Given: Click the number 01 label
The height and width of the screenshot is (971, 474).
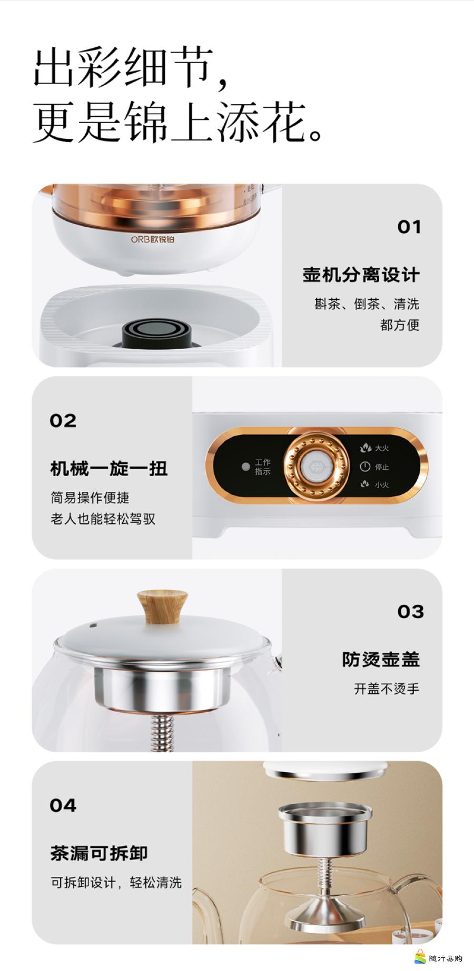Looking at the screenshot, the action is (409, 227).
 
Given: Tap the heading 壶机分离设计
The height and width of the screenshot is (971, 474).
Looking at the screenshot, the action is (361, 275).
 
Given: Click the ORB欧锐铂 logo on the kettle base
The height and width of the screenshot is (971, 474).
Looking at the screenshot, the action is (153, 239).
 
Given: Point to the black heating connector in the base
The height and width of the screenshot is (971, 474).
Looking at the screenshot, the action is (156, 335).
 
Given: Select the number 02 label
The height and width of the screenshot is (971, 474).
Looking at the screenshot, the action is (63, 420).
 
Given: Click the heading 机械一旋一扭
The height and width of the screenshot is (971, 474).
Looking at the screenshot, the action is (109, 468).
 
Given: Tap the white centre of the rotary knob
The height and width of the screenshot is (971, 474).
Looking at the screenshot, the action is (316, 467).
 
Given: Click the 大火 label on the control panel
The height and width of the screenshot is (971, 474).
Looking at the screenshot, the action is (382, 448).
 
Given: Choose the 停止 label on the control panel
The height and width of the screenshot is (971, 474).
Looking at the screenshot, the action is (382, 467).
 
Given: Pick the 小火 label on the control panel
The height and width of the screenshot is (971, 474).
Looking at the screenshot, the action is (382, 484).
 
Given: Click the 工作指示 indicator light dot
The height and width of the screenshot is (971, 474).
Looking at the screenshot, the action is (245, 467).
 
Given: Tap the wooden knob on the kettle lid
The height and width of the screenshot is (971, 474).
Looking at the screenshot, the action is (162, 606).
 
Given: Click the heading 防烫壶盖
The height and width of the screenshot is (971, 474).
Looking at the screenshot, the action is (381, 659).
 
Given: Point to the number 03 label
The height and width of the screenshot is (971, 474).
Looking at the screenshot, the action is (411, 612).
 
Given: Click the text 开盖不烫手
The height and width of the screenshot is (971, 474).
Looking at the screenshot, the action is (387, 689).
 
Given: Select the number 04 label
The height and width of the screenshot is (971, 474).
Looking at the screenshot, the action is (63, 805).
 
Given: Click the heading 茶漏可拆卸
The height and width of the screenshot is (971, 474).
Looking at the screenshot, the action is (99, 853).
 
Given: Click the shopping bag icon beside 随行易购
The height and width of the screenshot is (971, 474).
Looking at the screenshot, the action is (420, 956).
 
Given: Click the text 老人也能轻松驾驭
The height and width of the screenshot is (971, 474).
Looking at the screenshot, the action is (103, 519).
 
